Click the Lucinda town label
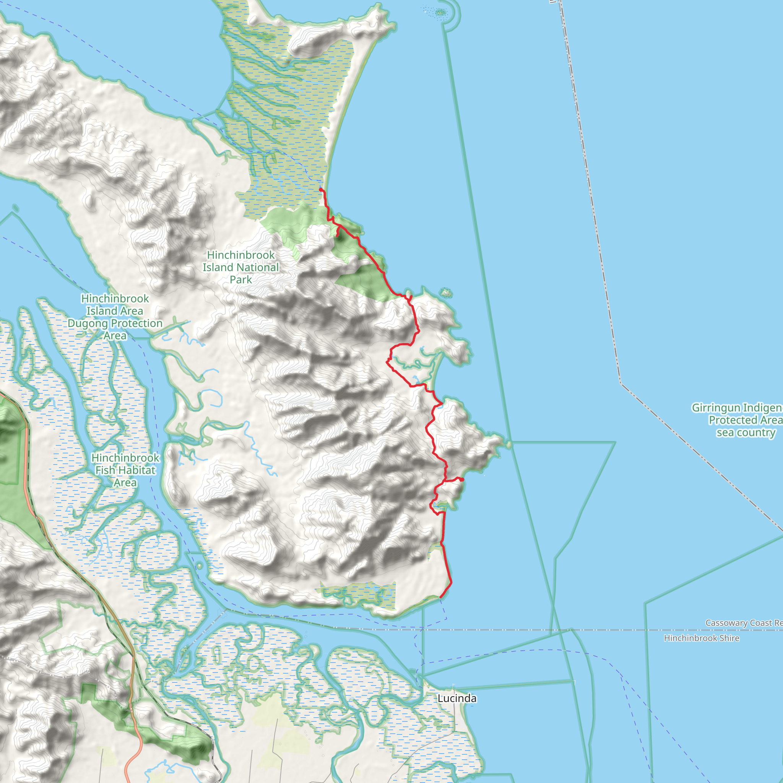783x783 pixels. pyautogui.click(x=457, y=698)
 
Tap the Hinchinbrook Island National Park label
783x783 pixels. pyautogui.click(x=241, y=267)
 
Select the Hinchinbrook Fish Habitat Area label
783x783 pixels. pyautogui.click(x=125, y=470)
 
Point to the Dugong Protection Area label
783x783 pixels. pyautogui.click(x=115, y=317)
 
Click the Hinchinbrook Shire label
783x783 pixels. pyautogui.click(x=701, y=638)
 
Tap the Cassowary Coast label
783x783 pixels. pyautogui.click(x=743, y=622)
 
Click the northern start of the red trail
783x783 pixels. pyautogui.click(x=320, y=189)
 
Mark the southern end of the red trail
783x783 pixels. pyautogui.click(x=440, y=596)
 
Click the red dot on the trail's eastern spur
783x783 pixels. pyautogui.click(x=462, y=479)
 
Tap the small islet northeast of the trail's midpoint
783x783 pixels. pyautogui.click(x=446, y=292)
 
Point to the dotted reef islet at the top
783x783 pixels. pyautogui.click(x=440, y=13)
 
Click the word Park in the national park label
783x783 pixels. pyautogui.click(x=241, y=279)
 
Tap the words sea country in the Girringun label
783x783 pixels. pyautogui.click(x=746, y=432)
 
